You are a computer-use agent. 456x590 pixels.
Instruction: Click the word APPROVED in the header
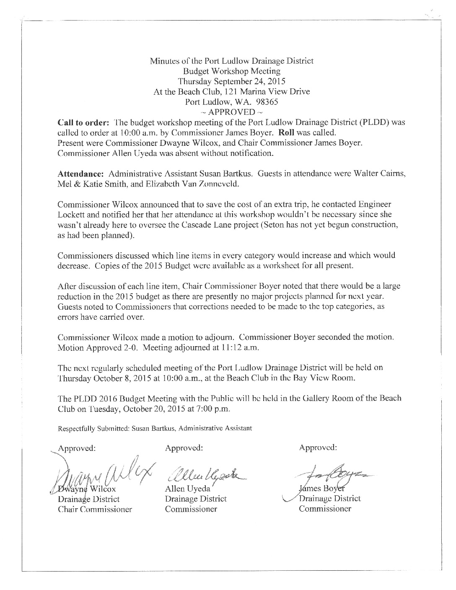232,112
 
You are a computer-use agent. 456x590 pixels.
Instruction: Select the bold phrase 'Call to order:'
83,122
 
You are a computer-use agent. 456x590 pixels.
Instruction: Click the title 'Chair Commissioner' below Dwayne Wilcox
95,510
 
